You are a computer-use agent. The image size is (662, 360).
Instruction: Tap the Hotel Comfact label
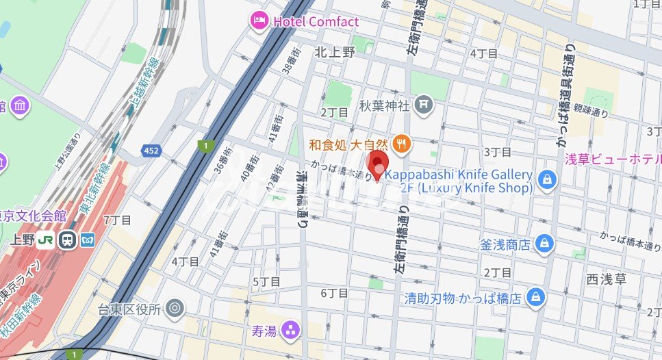click(316, 22)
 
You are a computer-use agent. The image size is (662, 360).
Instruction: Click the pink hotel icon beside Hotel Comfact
click(259, 21)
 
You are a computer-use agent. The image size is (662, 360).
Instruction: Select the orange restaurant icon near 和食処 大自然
click(402, 144)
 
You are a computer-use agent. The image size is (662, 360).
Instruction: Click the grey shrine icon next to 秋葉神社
click(424, 105)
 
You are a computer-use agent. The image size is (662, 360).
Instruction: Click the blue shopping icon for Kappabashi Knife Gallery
click(547, 180)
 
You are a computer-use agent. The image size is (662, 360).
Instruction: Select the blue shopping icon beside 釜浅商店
click(544, 243)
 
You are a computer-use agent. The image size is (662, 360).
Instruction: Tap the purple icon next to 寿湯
click(292, 331)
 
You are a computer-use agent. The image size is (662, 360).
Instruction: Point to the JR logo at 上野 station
click(47, 240)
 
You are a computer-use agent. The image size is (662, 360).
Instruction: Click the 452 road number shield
click(152, 149)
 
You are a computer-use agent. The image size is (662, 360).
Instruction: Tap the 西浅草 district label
click(606, 279)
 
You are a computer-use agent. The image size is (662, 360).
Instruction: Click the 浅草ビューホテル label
click(612, 159)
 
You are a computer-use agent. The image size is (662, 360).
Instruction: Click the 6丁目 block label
click(334, 293)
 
